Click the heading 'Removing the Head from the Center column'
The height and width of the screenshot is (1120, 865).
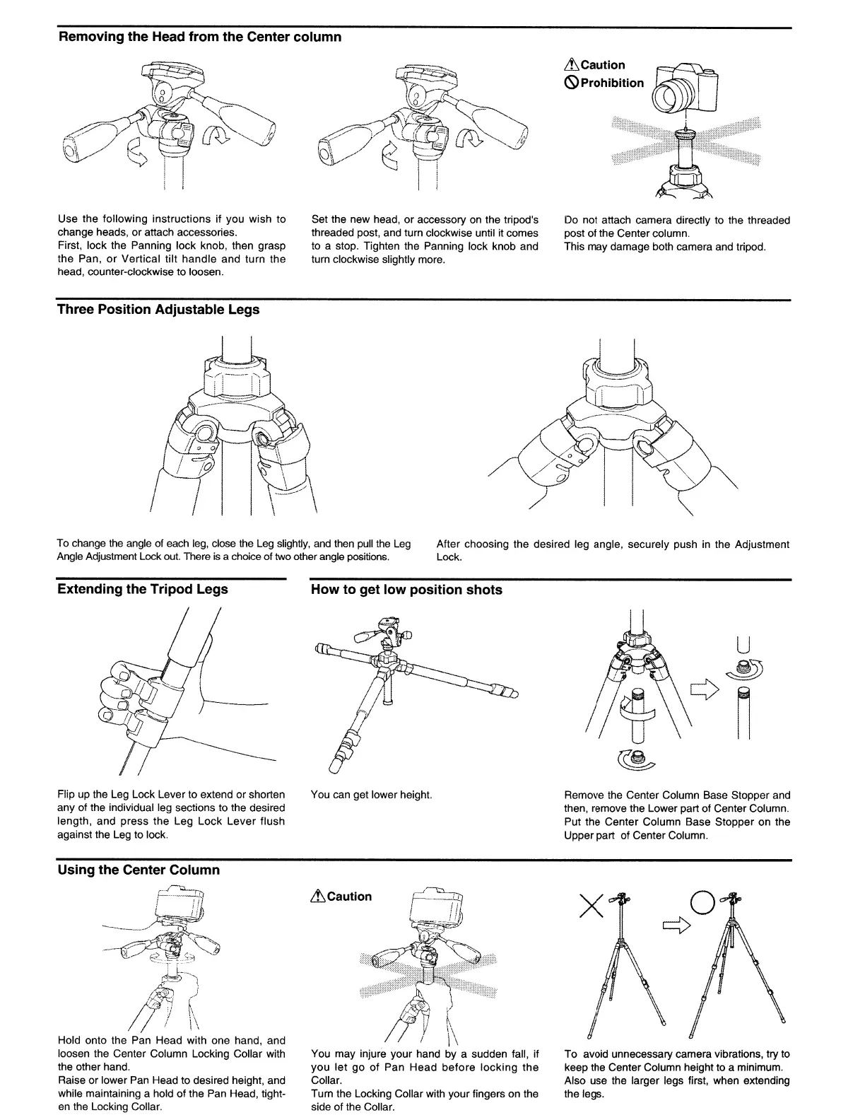pyautogui.click(x=199, y=37)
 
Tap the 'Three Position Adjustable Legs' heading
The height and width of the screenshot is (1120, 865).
pyautogui.click(x=158, y=310)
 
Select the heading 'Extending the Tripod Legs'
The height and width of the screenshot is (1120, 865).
pyautogui.click(x=143, y=589)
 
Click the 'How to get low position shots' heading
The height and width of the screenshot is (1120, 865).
pyautogui.click(x=406, y=590)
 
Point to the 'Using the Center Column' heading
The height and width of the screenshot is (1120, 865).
pyautogui.click(x=139, y=870)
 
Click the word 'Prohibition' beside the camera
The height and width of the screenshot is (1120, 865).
pyautogui.click(x=612, y=83)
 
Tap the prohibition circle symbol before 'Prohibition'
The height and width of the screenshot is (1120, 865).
pyautogui.click(x=571, y=83)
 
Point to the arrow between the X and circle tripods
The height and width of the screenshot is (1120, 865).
pyautogui.click(x=676, y=926)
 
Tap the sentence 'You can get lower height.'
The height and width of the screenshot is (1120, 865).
pyautogui.click(x=371, y=795)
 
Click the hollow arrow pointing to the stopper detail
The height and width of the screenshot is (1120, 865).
pyautogui.click(x=703, y=685)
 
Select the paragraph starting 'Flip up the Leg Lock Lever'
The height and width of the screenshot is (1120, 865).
pyautogui.click(x=171, y=815)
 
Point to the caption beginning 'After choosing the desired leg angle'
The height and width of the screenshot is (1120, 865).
pyautogui.click(x=613, y=550)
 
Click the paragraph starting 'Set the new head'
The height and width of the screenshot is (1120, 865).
pyautogui.click(x=425, y=240)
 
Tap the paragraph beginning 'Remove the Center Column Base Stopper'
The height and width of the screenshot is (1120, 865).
pyautogui.click(x=677, y=815)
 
